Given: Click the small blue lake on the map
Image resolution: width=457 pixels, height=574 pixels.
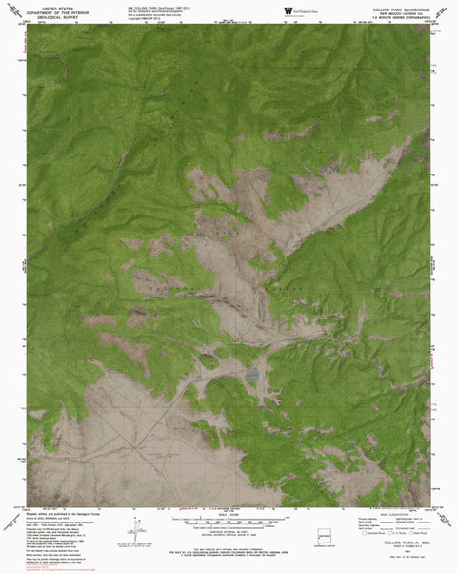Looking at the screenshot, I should coord(251,376).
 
